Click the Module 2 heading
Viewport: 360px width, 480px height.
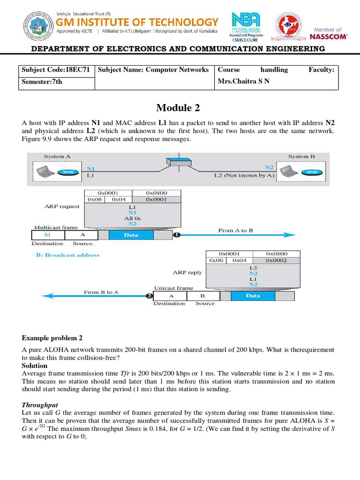[x=178, y=108]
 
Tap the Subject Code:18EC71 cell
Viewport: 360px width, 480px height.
[x=56, y=70]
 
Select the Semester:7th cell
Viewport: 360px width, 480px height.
[x=42, y=82]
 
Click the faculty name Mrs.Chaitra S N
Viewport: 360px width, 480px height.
[x=243, y=82]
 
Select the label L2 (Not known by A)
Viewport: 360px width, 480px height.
[x=244, y=175]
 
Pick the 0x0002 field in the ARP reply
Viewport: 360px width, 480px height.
[x=277, y=260]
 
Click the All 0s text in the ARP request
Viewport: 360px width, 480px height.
[x=133, y=218]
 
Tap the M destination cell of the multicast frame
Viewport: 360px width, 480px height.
[x=47, y=235]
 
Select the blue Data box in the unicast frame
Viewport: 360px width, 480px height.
[x=253, y=296]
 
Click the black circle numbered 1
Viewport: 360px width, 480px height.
[x=177, y=235]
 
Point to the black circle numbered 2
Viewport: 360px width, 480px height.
[x=149, y=296]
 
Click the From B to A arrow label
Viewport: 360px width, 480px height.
[x=101, y=292]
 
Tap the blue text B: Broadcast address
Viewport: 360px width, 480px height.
[x=67, y=255]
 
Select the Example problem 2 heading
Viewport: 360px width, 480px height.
[x=52, y=338]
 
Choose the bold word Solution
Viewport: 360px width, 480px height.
[x=35, y=365]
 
